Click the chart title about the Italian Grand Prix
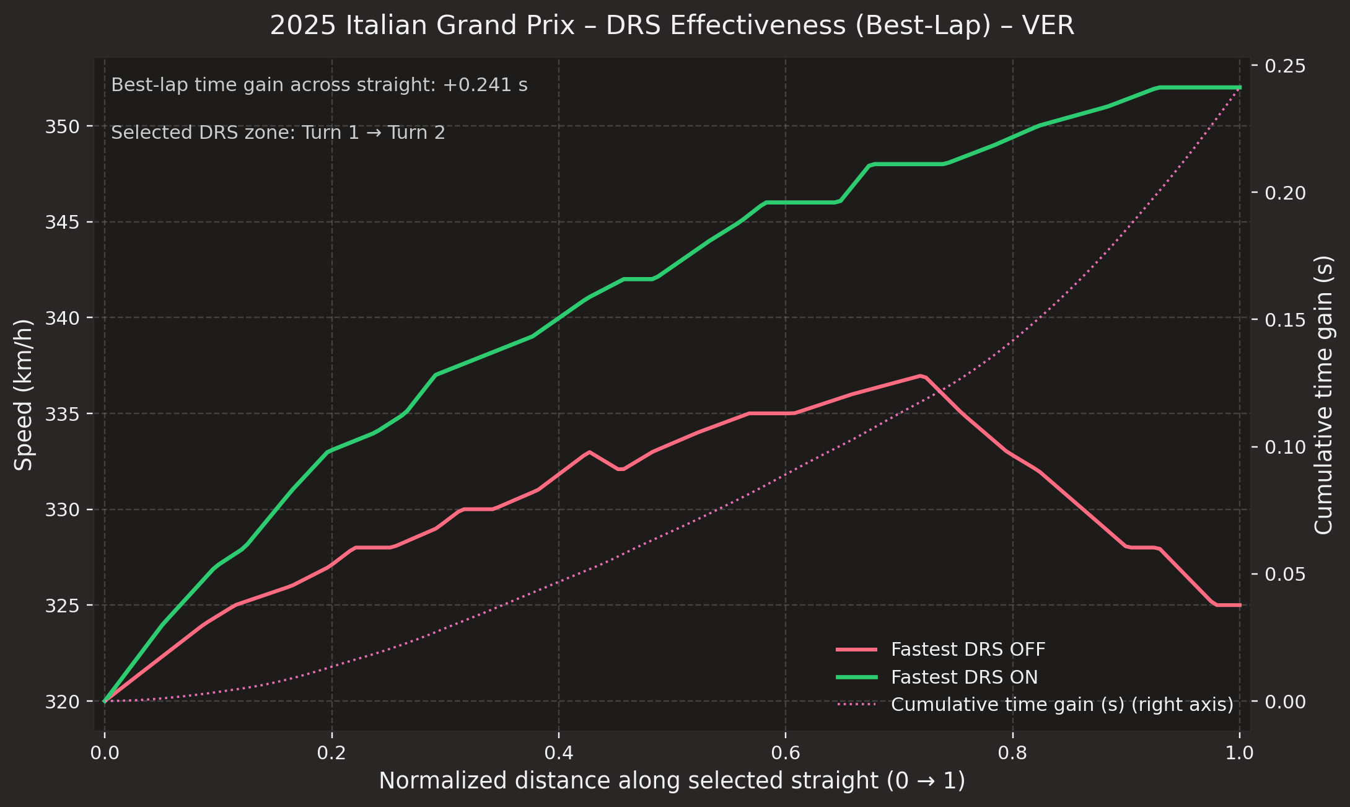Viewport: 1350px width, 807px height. pos(672,26)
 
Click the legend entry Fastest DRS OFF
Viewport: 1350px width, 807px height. pos(968,649)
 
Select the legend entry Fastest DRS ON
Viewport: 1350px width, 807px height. pos(964,677)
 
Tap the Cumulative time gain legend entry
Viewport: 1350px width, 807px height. pos(1062,705)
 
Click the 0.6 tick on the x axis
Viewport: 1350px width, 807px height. pos(786,752)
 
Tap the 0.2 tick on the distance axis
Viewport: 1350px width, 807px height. pos(331,752)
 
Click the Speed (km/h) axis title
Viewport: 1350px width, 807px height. pos(24,395)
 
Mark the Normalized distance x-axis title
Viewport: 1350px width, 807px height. pos(672,781)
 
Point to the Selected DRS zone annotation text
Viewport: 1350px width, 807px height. pos(278,133)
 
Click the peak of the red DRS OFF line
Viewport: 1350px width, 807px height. pos(921,376)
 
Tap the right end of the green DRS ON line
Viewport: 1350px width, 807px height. pos(1239,87)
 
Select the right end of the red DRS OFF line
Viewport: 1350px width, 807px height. pos(1239,605)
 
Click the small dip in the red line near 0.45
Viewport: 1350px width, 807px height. pos(620,469)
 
